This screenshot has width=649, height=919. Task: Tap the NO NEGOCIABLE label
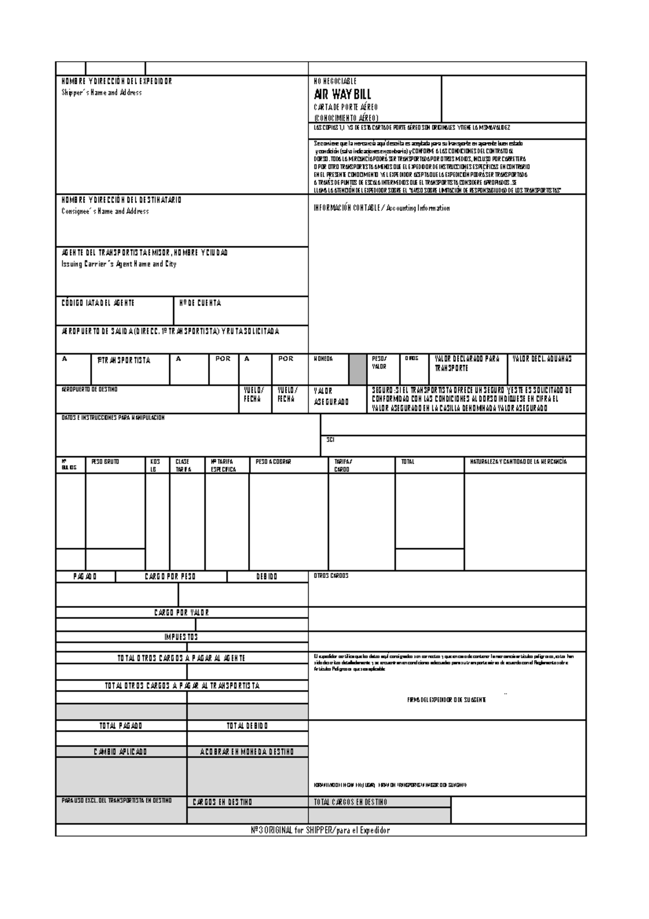pos(335,81)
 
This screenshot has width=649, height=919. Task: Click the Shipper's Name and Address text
pos(101,93)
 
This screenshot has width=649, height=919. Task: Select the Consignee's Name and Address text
pos(105,211)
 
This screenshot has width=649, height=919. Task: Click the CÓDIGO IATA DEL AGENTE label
pos(98,303)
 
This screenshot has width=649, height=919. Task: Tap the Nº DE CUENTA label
pos(200,303)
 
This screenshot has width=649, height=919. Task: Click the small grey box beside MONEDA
pos(357,369)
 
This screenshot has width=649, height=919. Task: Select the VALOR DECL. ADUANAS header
pos(542,359)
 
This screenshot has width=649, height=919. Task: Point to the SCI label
pos(330,439)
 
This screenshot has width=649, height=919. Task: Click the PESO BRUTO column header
pos(105,462)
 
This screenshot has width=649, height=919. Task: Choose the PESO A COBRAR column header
pos(273,462)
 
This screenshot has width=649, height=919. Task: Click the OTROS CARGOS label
pos(331,576)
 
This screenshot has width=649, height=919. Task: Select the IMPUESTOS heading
pos(181,637)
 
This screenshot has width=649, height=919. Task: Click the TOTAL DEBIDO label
pos(247,726)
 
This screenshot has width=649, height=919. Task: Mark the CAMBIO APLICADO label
pos(121,752)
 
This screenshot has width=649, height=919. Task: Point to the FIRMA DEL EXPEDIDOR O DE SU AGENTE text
pos(446,700)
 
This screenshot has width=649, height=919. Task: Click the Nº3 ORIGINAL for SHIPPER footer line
pos(317,830)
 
